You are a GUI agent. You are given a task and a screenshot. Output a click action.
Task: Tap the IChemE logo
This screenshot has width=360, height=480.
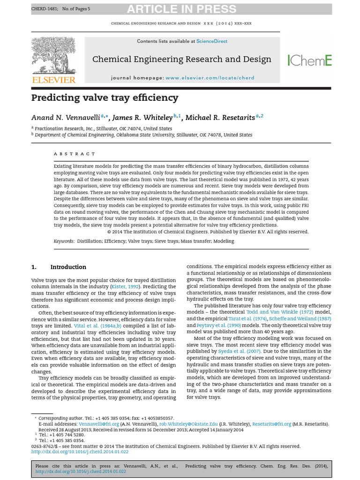(309, 60)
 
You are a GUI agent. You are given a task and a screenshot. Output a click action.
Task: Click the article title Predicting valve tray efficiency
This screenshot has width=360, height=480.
(105, 98)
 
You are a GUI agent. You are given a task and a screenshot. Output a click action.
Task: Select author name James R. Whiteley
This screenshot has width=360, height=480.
(142, 117)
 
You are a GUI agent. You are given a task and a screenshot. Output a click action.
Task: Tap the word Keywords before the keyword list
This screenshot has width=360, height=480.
(64, 241)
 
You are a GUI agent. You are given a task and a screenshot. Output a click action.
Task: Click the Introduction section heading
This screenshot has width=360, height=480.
(68, 267)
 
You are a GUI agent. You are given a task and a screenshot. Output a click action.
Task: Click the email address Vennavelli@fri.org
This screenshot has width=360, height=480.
(92, 424)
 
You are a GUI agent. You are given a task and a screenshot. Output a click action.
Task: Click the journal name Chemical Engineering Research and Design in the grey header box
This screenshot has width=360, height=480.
(182, 59)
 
